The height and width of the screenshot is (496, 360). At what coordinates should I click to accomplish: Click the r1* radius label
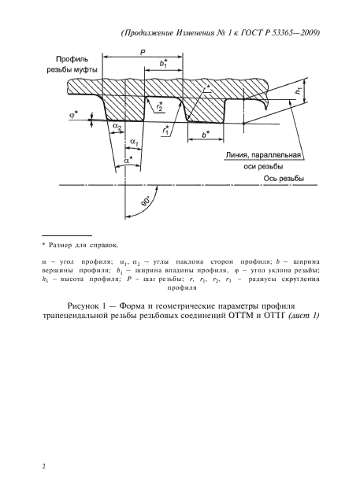tap(166, 130)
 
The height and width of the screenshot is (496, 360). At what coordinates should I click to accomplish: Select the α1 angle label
tap(134, 142)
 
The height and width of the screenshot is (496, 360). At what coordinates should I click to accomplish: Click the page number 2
tap(44, 465)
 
